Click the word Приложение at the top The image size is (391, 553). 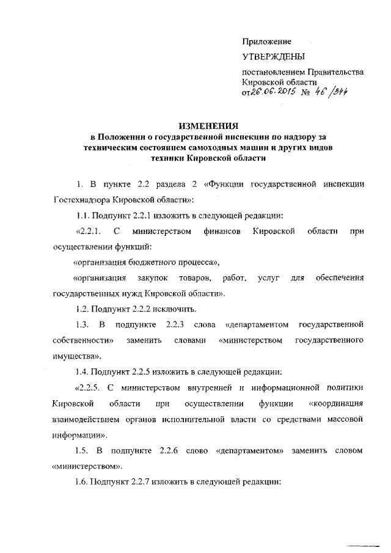266,42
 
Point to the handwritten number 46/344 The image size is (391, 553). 332,92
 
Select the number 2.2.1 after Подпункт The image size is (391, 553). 143,215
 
